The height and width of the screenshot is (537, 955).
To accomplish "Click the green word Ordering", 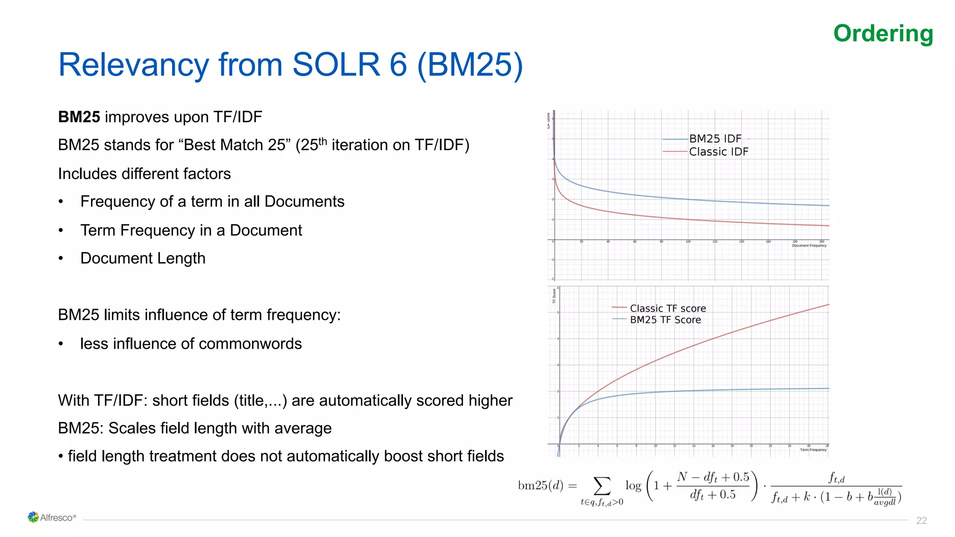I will coord(883,34).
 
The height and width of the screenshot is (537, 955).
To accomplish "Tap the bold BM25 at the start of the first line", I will coord(79,117).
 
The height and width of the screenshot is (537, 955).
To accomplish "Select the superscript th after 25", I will coord(322,141).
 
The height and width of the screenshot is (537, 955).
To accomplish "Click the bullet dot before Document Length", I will coord(61,259).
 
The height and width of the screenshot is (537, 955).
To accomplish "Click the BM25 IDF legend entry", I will coord(715,139).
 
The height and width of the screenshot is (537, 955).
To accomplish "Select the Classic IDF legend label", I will coord(718,152).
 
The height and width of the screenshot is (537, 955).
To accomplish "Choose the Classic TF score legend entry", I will coord(667,309).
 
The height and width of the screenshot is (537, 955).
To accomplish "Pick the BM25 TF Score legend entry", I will coord(665,320).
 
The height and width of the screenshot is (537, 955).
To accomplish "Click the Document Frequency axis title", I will coord(809,246).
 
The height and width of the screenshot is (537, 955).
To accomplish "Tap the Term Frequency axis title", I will coord(813,450).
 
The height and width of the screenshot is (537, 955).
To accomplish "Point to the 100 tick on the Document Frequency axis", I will coord(688,242).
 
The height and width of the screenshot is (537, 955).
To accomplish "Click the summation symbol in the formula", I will coord(602,486).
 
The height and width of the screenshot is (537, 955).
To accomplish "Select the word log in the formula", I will coord(633,486).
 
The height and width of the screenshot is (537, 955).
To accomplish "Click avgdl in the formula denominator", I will coord(885,503).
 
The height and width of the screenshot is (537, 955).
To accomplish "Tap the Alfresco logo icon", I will coord(33,517).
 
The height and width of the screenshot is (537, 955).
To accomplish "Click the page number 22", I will coord(921,521).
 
